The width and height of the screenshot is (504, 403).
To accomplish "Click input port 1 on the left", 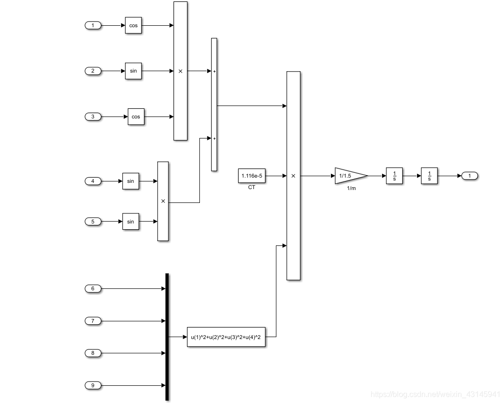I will (93, 25).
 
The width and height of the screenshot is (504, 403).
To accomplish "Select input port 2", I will (93, 71).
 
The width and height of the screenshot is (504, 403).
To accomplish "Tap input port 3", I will (93, 117).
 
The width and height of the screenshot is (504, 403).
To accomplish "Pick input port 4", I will (93, 181).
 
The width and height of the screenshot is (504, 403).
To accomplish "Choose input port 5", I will (93, 222).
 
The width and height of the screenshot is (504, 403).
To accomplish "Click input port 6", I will (93, 288).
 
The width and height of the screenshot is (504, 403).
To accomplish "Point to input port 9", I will (93, 385).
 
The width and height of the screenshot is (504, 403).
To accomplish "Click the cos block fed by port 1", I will (133, 25).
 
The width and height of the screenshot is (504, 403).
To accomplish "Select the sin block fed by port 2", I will (133, 71).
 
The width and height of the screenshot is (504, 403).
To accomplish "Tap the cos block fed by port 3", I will (136, 117).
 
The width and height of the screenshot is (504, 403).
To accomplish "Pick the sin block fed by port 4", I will (131, 181).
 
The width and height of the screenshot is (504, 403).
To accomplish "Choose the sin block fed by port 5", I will (131, 222).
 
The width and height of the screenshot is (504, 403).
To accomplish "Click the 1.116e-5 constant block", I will (251, 176).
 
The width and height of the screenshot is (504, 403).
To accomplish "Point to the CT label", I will (252, 187).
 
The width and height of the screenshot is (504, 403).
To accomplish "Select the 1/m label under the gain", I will (351, 189).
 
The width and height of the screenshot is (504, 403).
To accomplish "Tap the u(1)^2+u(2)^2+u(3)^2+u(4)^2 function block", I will (226, 337).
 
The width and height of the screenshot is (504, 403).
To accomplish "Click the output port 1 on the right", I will (470, 176).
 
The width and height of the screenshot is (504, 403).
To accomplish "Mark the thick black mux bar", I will (167, 337).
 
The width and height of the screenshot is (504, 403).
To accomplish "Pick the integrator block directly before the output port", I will (429, 176).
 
